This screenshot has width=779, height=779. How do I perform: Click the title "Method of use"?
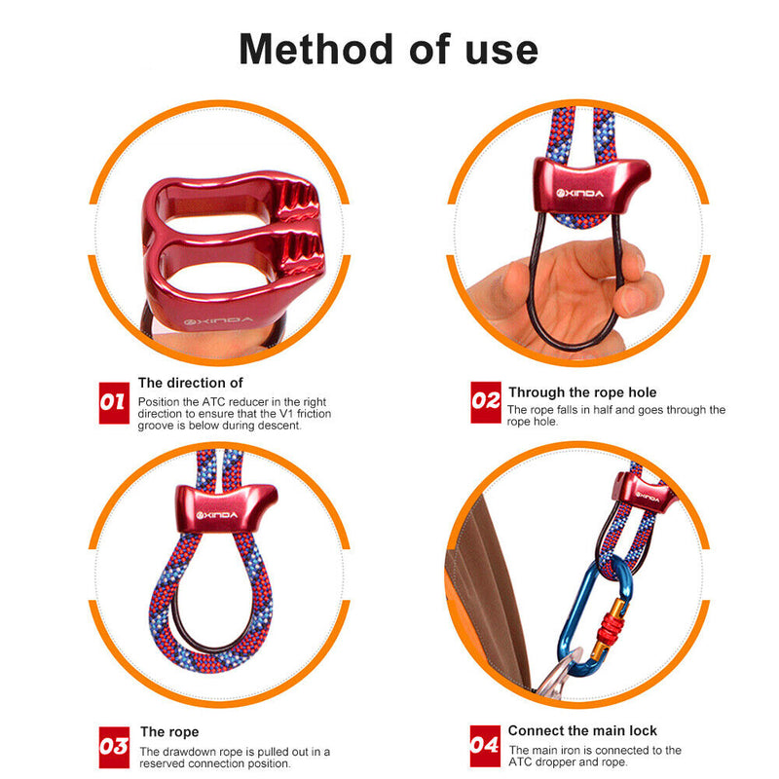(389, 48)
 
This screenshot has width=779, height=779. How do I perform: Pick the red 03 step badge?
(114, 747)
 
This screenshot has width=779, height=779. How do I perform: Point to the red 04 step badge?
(485, 747)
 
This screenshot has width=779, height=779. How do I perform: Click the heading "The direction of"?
(191, 383)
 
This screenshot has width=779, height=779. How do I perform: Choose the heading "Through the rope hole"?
(582, 392)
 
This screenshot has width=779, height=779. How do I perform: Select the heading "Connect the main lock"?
(582, 730)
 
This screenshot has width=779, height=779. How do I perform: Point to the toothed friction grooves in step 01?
(307, 229)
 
